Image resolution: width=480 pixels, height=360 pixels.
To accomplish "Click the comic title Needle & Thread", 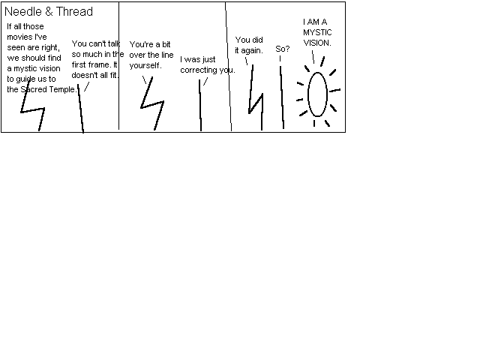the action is (x=49, y=12).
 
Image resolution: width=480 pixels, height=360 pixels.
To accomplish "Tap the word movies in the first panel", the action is (x=18, y=37).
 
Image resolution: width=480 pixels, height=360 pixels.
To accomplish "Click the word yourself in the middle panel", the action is (x=145, y=65).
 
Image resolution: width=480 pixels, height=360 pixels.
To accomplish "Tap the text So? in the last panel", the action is (x=282, y=49).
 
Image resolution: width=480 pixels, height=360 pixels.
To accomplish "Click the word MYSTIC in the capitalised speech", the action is (x=317, y=32).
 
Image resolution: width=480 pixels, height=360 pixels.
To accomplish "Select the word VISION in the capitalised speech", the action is (x=316, y=43).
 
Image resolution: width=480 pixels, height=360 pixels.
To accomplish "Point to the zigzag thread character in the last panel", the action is (x=256, y=104).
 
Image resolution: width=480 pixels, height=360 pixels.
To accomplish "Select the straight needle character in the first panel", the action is (x=81, y=109).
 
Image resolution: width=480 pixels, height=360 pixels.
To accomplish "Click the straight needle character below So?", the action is (x=282, y=97).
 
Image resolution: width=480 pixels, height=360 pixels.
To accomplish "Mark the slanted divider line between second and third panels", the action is (x=228, y=67).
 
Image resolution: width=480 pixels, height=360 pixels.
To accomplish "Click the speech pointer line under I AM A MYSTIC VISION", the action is (x=313, y=57).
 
